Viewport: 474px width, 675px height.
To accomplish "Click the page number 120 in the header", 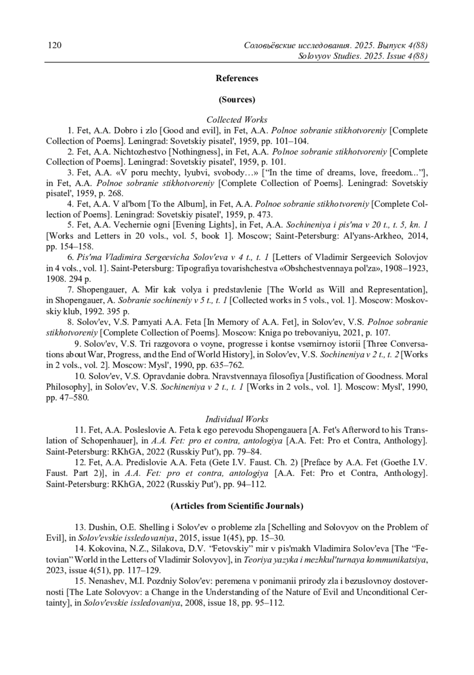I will coord(55,45).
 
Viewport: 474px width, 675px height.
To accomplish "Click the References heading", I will coord(237,78).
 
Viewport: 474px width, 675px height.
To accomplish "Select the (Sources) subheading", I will coord(237,100).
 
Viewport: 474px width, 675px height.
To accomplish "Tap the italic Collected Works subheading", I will coord(237,120).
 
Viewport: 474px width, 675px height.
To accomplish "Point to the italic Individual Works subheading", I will coord(237,419).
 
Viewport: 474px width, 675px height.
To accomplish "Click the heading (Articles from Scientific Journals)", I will coord(237,506).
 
